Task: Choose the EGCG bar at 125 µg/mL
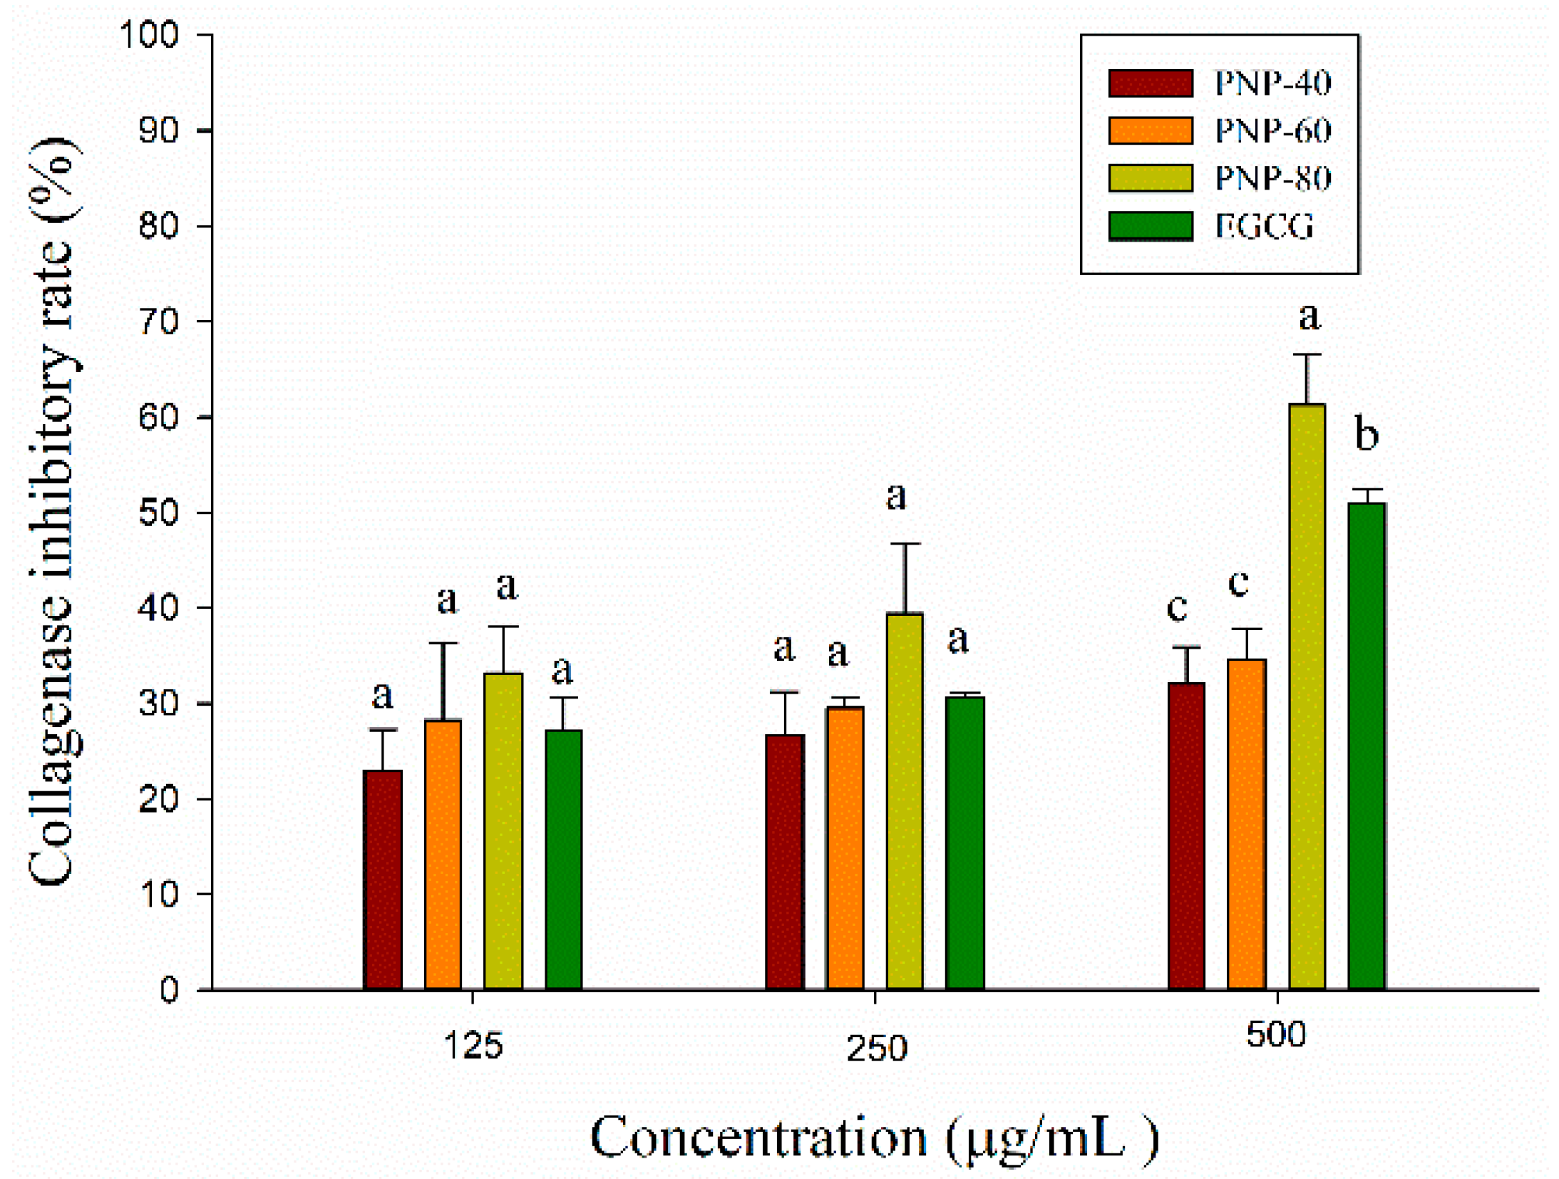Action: [x=562, y=858]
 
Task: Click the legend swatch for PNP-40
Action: [x=1149, y=83]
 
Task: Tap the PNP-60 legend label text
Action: [x=1272, y=131]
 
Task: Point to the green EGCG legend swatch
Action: [x=1149, y=225]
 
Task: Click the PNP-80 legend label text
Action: [x=1272, y=178]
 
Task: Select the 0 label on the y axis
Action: [x=168, y=989]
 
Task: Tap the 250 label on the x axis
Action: [x=875, y=1049]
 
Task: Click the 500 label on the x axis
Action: [x=1275, y=1034]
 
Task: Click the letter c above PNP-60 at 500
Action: [x=1238, y=582]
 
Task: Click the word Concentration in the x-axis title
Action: [x=758, y=1137]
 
